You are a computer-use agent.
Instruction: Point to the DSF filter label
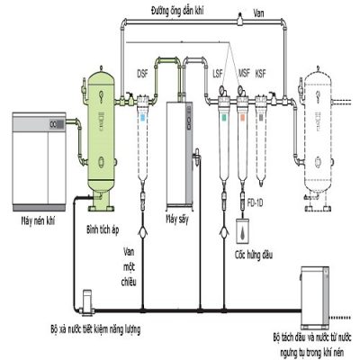(142, 73)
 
